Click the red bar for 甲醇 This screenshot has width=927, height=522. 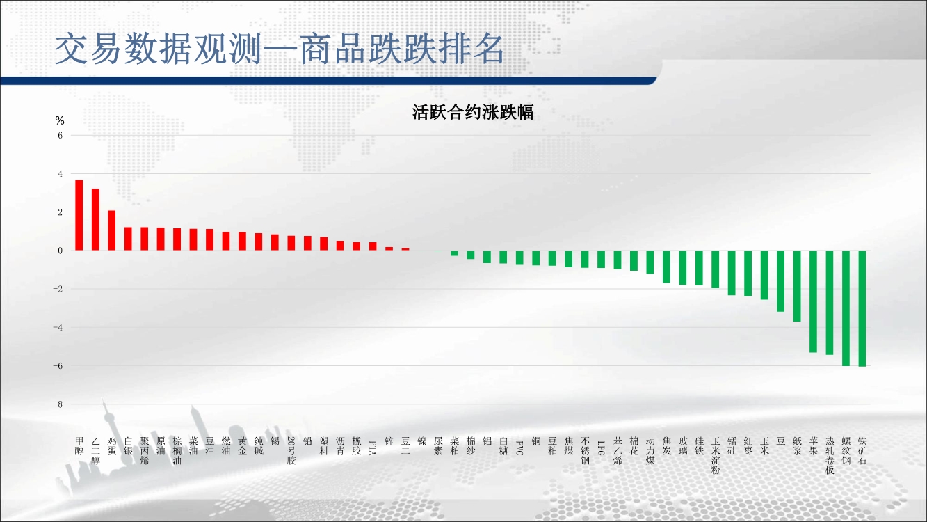[79, 215]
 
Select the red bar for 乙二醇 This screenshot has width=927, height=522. [95, 219]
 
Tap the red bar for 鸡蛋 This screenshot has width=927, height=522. [112, 230]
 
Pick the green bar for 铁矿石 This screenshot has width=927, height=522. [862, 308]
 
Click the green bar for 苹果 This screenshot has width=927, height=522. [813, 301]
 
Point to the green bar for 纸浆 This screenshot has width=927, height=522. [797, 286]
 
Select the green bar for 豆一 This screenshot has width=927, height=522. [780, 281]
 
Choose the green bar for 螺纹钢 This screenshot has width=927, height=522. [846, 308]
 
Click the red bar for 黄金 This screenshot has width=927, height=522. [243, 241]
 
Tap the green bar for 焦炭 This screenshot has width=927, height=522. [666, 267]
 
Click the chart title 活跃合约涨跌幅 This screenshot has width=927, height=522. [473, 112]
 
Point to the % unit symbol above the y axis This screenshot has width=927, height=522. [60, 120]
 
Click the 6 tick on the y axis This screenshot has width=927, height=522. [60, 136]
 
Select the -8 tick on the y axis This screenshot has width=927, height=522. [58, 404]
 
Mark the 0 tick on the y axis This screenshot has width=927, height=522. [61, 251]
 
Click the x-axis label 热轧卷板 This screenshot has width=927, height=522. [830, 455]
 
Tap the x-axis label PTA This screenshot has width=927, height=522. [373, 448]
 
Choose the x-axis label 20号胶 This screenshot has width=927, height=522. [291, 450]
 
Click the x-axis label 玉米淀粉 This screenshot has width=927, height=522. [716, 455]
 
